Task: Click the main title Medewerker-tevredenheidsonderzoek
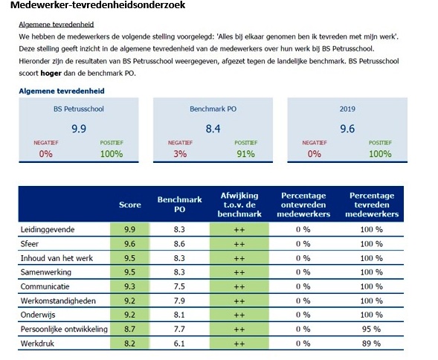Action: click(97, 5)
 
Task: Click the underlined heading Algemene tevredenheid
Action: click(57, 25)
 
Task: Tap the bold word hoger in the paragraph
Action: click(51, 73)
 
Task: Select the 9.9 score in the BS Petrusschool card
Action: click(79, 129)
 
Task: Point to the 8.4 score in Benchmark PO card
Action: click(213, 129)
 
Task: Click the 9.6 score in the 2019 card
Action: click(347, 129)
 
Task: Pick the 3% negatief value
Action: click(180, 154)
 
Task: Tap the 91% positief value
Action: click(246, 154)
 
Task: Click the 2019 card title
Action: click(347, 109)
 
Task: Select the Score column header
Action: click(130, 205)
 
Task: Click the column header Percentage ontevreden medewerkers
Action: click(303, 205)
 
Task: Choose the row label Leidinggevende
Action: click(48, 230)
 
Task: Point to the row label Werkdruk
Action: click(37, 343)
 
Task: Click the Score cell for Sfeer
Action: click(129, 244)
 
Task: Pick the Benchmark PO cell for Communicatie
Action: click(179, 286)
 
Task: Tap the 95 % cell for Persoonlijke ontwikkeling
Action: click(371, 329)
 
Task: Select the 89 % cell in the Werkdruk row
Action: click(371, 343)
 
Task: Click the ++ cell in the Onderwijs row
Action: click(239, 315)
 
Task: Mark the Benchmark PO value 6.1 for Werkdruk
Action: click(179, 343)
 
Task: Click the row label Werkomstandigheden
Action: click(58, 300)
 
